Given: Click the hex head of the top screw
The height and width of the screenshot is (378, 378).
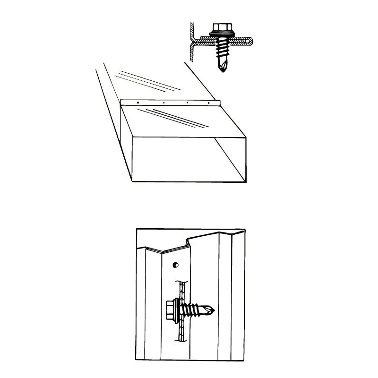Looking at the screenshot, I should coord(220,27).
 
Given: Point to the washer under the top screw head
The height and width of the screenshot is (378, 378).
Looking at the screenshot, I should coord(220,34).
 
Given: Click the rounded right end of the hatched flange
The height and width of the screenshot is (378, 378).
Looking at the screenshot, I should coord(249,43).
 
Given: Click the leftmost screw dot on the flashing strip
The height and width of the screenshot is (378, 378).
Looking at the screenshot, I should coord(137,102).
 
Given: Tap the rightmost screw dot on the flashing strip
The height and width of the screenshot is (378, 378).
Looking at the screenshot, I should coord(208,102).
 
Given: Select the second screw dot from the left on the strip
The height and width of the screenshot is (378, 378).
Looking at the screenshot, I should coord(163,102).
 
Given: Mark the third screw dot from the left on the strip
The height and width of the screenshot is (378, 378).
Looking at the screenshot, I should coord(188,102).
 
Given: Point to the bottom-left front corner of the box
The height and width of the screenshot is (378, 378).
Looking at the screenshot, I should coord(133,182).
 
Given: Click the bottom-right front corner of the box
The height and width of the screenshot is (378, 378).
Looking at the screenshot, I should coord(246,182).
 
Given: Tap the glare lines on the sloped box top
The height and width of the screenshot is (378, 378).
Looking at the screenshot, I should coord(177,118).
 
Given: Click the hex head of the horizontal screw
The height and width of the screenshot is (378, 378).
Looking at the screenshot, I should coord(171,310).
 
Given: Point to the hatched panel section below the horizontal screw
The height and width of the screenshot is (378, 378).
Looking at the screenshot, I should coord(180,333).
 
